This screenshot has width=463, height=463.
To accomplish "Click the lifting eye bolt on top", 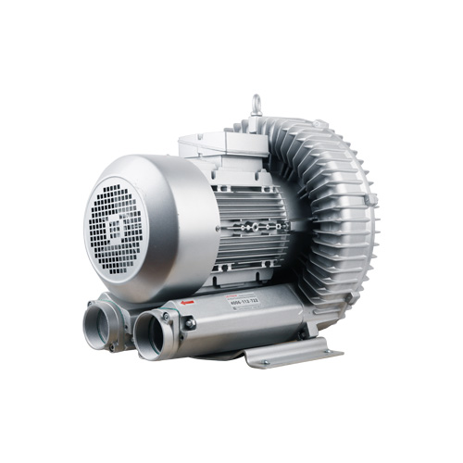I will point(255,105).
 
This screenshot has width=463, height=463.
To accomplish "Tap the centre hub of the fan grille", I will point(116,223).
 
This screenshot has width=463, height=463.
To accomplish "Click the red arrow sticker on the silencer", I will point(188,302).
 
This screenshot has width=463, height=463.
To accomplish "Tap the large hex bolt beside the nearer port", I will point(189,323).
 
